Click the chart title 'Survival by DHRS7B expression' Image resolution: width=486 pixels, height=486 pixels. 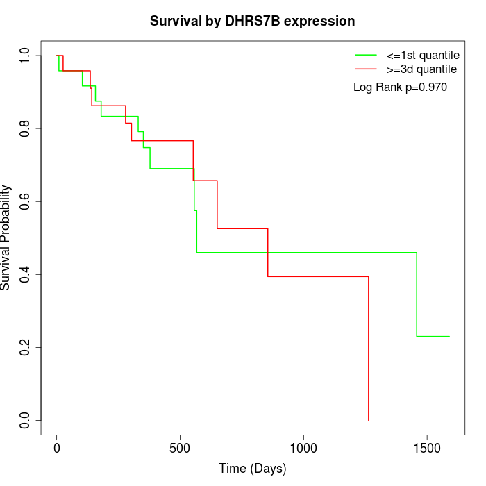(252, 22)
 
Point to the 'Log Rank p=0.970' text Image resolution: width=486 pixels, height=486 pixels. (400, 87)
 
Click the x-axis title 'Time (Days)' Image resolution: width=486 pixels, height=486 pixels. (252, 469)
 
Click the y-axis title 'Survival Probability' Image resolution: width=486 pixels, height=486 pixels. (6, 237)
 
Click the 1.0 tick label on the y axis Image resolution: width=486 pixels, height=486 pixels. (25, 56)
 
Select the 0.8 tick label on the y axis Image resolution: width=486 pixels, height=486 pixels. (25, 128)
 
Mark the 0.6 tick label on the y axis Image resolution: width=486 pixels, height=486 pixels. (25, 201)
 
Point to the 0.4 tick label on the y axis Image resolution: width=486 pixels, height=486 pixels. (25, 274)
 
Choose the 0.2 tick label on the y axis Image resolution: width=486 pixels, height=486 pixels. (25, 347)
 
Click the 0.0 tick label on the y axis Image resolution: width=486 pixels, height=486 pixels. (25, 420)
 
